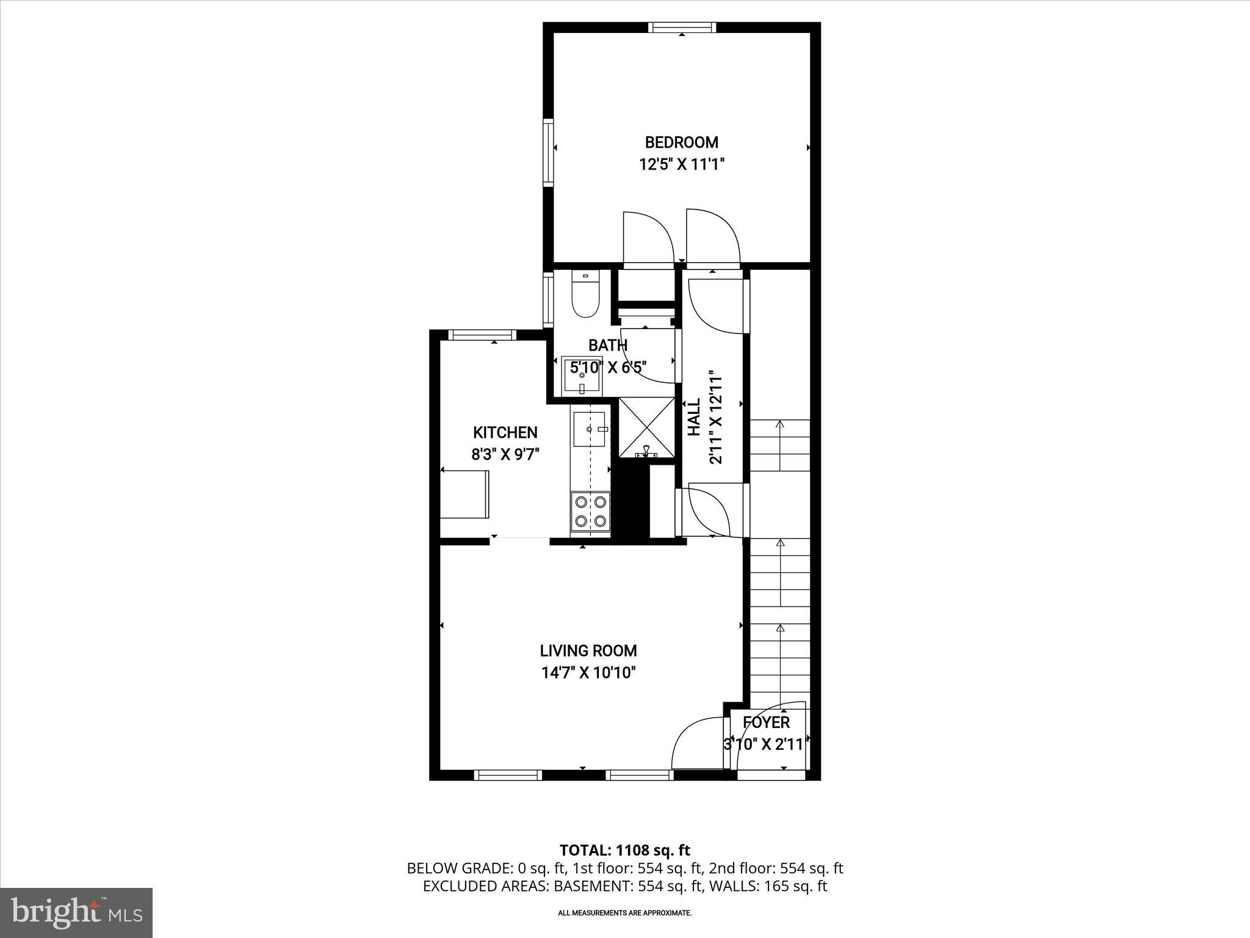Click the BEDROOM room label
click(681, 142)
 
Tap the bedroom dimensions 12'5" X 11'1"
click(681, 164)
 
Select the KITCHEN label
click(505, 432)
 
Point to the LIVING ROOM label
click(588, 650)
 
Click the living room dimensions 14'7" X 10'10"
click(588, 672)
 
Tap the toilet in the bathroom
click(585, 294)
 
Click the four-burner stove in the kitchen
click(591, 511)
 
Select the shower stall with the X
click(646, 427)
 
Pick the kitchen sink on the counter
click(590, 429)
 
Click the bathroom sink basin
click(582, 376)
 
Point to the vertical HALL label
click(694, 417)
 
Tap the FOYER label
click(766, 722)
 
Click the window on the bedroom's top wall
click(682, 27)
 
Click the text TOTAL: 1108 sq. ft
click(624, 849)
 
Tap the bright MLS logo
click(76, 912)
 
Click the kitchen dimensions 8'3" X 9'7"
click(505, 454)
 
